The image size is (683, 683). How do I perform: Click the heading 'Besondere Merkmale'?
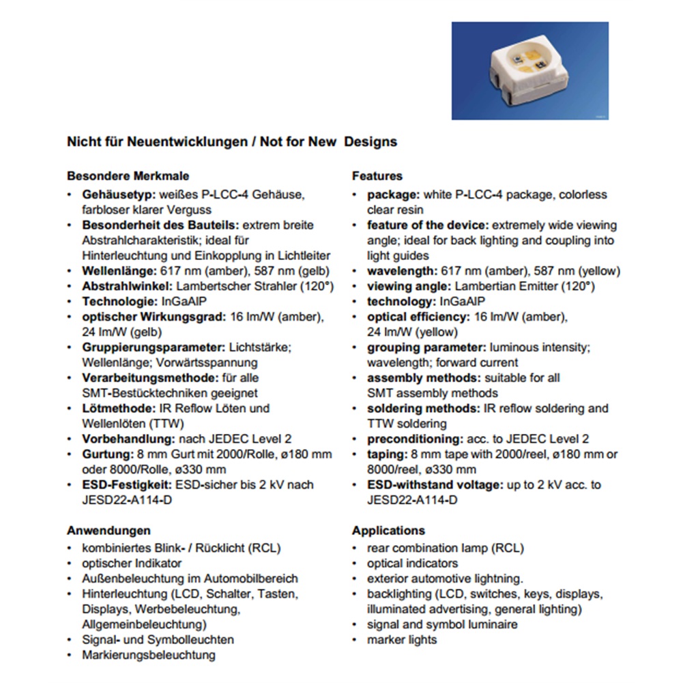pyautogui.click(x=128, y=176)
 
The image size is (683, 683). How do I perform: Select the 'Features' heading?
pyautogui.click(x=377, y=176)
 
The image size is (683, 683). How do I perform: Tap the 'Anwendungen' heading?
pyautogui.click(x=108, y=530)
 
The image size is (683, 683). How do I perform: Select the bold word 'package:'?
pyautogui.click(x=393, y=194)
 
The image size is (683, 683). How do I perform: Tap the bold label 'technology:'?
pyautogui.click(x=401, y=301)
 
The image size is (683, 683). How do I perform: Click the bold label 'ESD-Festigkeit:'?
pyautogui.click(x=127, y=484)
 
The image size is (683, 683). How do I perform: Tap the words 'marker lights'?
pyautogui.click(x=402, y=639)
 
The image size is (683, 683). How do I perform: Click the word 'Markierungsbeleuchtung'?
pyautogui.click(x=149, y=655)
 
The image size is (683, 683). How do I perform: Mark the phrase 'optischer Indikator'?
pyautogui.click(x=132, y=563)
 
